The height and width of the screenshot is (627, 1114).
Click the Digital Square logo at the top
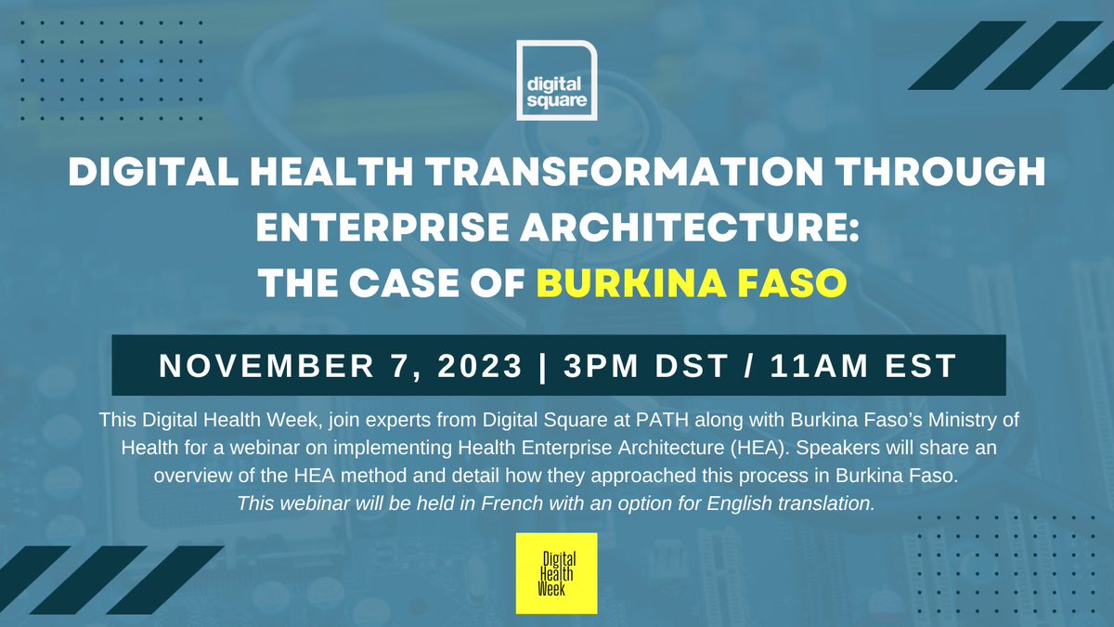pyautogui.click(x=556, y=80)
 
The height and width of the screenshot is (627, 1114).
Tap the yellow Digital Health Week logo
pyautogui.click(x=556, y=573)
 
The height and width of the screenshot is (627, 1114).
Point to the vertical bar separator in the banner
pyautogui.click(x=543, y=365)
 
